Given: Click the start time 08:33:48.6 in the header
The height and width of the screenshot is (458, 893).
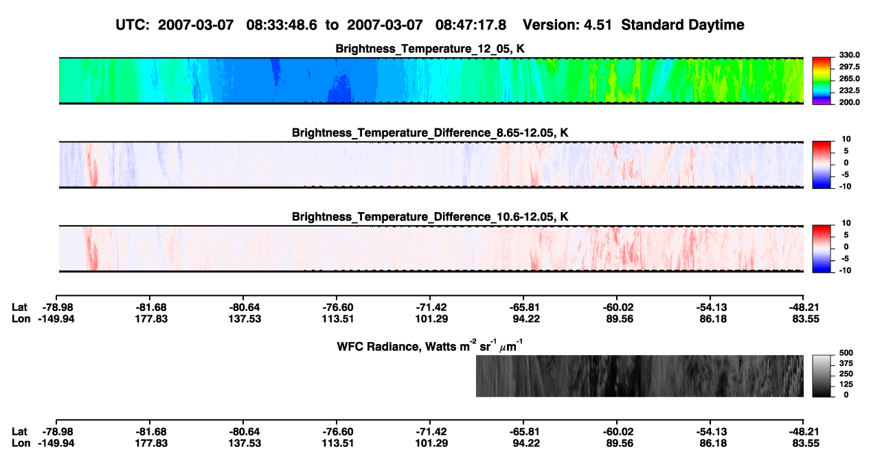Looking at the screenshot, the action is [x=282, y=25].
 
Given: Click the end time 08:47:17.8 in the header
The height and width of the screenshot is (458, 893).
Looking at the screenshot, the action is [x=471, y=25].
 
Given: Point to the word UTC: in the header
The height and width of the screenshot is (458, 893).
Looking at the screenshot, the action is [x=133, y=25].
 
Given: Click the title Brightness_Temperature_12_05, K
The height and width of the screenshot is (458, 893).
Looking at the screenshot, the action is [x=430, y=49].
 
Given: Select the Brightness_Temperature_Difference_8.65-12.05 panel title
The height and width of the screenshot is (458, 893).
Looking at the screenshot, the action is [x=430, y=133].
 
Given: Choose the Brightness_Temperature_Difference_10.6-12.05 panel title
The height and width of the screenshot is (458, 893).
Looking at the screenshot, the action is [x=430, y=217].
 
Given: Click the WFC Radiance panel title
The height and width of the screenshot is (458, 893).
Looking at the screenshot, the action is [x=430, y=346].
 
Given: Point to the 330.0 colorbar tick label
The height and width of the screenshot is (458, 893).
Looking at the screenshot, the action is [x=849, y=55].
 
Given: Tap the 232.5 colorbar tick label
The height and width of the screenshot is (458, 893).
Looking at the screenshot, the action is [x=849, y=91].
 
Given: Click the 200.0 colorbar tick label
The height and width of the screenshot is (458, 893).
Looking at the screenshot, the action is [x=849, y=102].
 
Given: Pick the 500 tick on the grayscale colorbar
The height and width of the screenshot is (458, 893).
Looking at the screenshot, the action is [x=846, y=353].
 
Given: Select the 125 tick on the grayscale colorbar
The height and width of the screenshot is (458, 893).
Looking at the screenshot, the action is [x=846, y=385].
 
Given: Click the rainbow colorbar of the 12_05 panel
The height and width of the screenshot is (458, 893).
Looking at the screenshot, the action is [x=822, y=81].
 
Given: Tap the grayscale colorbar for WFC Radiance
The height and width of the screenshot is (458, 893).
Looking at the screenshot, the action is [x=822, y=376].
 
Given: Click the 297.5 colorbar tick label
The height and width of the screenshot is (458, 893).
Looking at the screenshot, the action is [x=849, y=67].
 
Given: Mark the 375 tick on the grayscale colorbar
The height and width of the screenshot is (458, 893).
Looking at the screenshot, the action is [x=846, y=363].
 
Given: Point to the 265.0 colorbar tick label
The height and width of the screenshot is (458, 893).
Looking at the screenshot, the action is [x=849, y=78].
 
